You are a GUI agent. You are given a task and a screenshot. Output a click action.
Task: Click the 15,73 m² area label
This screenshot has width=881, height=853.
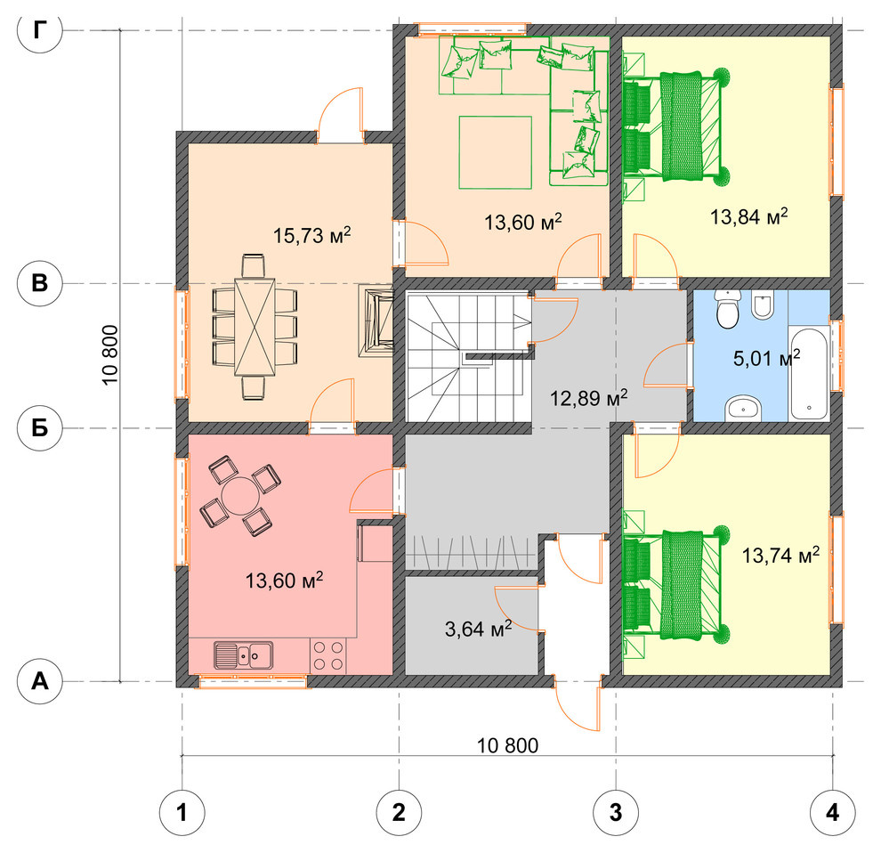pyautogui.click(x=311, y=234)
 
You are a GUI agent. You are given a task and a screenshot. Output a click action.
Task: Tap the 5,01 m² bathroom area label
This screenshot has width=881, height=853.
pyautogui.click(x=766, y=358)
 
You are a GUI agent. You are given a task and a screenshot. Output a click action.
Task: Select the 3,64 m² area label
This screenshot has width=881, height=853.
pyautogui.click(x=478, y=628)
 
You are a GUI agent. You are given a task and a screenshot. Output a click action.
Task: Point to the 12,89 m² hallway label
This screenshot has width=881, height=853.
pyautogui.click(x=588, y=398)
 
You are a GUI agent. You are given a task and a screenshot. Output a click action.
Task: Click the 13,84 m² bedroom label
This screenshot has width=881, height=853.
pyautogui.click(x=749, y=215)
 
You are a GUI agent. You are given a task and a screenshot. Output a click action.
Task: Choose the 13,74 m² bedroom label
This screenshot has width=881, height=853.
pyautogui.click(x=780, y=555)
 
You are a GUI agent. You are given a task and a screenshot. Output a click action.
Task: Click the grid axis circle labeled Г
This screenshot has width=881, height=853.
pyautogui.click(x=39, y=30)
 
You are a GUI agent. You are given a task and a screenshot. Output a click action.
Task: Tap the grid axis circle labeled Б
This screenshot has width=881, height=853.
pyautogui.click(x=39, y=428)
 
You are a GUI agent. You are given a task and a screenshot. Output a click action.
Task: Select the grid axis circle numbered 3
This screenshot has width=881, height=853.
pyautogui.click(x=616, y=813)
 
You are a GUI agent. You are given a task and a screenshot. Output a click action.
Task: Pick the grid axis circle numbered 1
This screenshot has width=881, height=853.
pyautogui.click(x=182, y=813)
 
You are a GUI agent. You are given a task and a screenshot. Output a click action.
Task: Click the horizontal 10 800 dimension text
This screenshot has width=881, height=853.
pyautogui.click(x=507, y=745)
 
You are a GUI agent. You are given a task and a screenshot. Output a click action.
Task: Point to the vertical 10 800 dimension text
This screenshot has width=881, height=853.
pyautogui.click(x=110, y=354)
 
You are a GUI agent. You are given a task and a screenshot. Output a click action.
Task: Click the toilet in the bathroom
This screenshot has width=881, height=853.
pyautogui.click(x=728, y=309)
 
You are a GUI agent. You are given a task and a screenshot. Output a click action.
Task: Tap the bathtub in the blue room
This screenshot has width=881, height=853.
pyautogui.click(x=809, y=373)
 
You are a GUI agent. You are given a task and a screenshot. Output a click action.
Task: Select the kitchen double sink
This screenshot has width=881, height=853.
pyautogui.click(x=243, y=654)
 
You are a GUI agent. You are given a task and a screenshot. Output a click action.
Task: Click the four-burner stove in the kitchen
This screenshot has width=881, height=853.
pyautogui.click(x=328, y=655)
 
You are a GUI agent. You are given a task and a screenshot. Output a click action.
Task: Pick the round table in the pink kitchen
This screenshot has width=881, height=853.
pyautogui.click(x=240, y=495)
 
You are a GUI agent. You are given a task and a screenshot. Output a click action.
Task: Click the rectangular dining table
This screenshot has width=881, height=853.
pyautogui.click(x=255, y=327)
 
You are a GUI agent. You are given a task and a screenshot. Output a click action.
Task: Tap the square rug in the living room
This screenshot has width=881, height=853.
pyautogui.click(x=495, y=152)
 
